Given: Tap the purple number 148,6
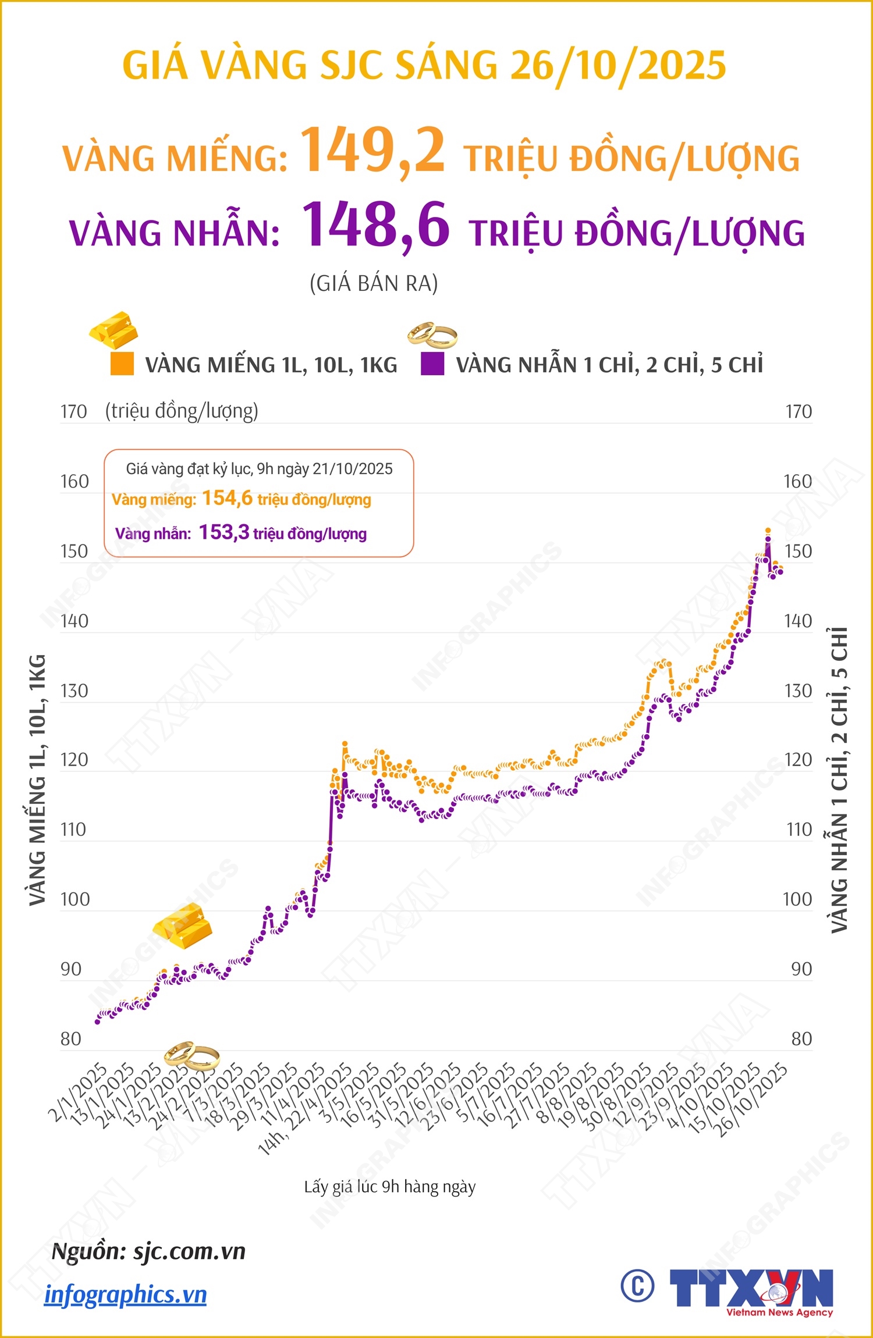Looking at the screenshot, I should point(376,225).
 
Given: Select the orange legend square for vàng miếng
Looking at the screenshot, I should point(122,364).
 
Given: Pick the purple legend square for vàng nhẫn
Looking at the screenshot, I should point(432,364).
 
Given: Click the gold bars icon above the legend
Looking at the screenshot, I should point(114,330).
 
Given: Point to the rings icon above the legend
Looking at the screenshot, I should point(432,334).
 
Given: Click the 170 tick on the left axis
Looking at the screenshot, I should point(74,412).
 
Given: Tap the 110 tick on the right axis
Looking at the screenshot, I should point(799,830).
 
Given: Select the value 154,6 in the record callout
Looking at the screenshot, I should point(227,498).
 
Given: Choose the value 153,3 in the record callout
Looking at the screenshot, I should point(224,532).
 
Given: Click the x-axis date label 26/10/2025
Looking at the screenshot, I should point(751,1099).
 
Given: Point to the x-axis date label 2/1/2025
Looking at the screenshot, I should point(78,1092).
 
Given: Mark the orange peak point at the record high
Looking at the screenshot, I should point(768,531).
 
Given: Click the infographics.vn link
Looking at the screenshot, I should point(126,1295).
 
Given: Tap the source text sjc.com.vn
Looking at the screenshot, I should point(190,1251).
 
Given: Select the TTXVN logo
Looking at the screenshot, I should point(751,1290).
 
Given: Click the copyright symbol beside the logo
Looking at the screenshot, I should point(637,1286).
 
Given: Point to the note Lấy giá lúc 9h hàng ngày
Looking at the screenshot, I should point(390,1187).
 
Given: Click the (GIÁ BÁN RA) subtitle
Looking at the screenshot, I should point(374,283).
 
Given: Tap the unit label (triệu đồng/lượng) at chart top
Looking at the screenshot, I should point(182,411).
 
